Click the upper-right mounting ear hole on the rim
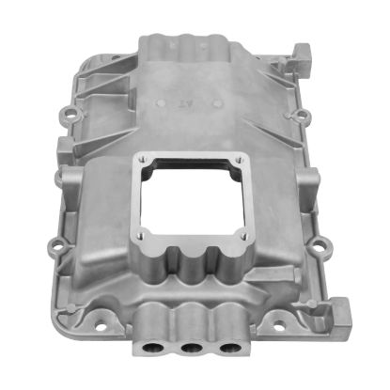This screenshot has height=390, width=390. pos(304,117)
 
